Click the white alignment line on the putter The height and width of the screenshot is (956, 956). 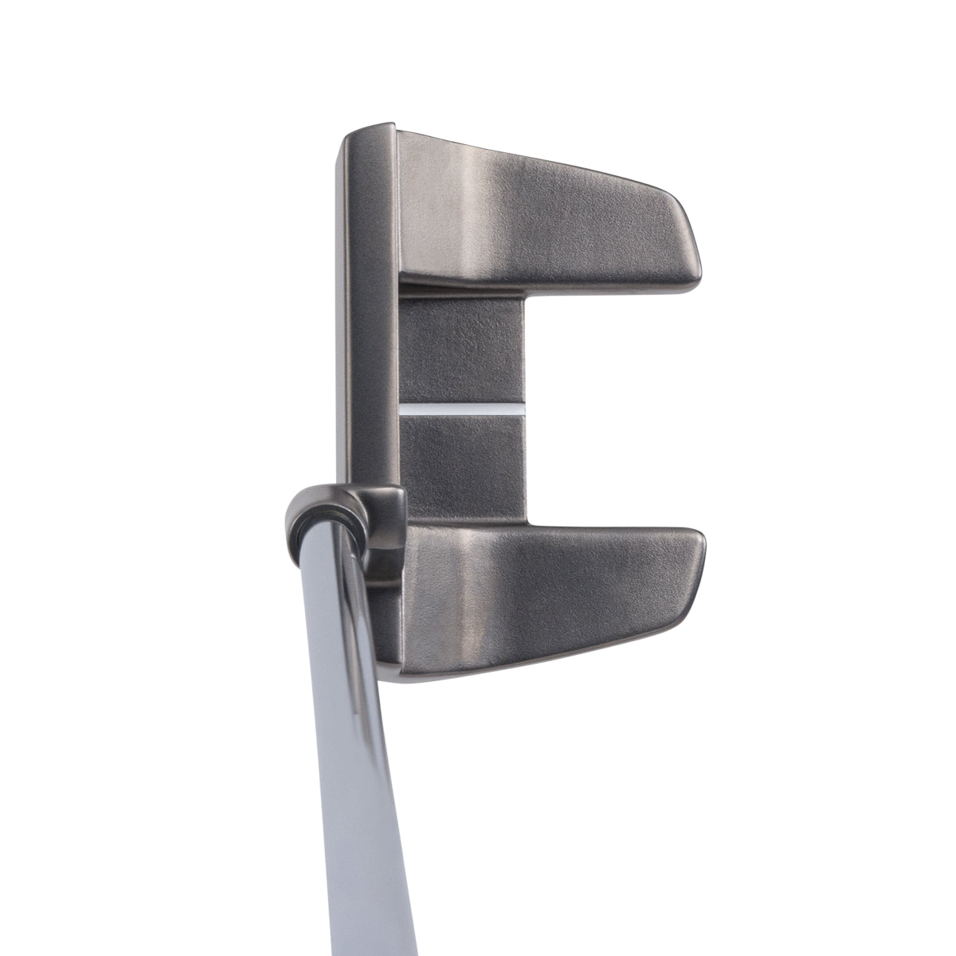(x=462, y=409)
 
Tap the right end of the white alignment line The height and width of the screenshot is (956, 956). (x=523, y=409)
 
